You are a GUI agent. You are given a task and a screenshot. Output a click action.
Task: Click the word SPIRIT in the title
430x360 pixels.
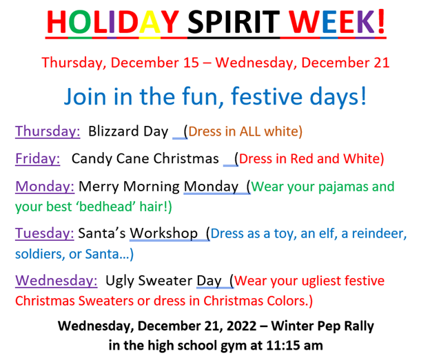click(234, 21)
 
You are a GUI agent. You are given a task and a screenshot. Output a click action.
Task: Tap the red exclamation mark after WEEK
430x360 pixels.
click(381, 21)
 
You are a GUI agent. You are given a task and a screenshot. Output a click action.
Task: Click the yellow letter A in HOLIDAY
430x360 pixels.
click(150, 21)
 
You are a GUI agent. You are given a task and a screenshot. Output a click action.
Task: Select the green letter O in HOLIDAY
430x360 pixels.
click(80, 21)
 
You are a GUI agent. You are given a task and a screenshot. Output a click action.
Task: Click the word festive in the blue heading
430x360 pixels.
click(266, 96)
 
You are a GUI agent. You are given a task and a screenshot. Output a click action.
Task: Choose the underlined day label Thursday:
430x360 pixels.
click(48, 131)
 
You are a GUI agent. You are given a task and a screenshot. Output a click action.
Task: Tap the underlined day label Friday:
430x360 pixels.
click(38, 158)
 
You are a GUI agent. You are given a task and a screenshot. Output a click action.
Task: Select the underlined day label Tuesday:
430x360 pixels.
click(44, 233)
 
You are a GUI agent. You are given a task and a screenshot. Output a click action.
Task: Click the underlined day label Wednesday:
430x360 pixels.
click(57, 281)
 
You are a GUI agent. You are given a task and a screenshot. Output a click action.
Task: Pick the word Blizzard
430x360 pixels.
click(113, 131)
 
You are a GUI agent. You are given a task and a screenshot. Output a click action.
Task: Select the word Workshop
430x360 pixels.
click(164, 233)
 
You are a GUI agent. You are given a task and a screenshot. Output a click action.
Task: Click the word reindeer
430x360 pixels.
click(378, 234)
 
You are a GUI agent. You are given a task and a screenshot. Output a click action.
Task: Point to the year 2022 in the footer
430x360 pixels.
click(241, 326)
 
